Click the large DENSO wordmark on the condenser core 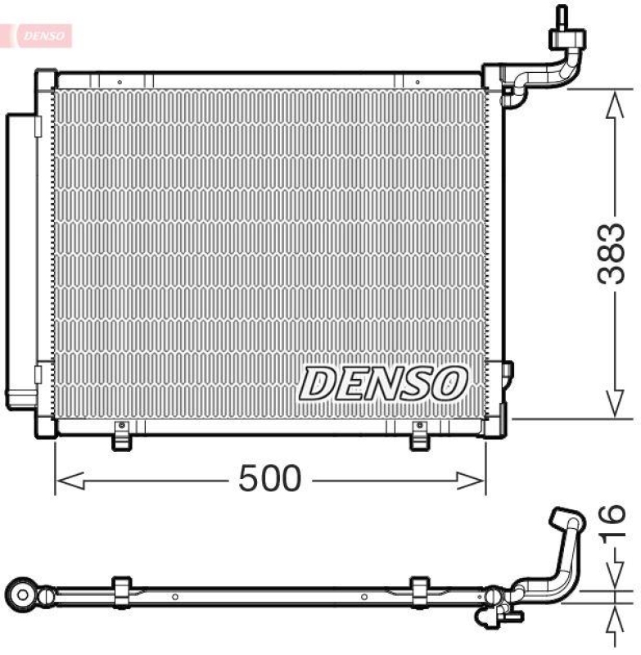coord(383,382)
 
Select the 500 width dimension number coord(269,480)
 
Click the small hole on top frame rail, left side coord(119,82)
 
